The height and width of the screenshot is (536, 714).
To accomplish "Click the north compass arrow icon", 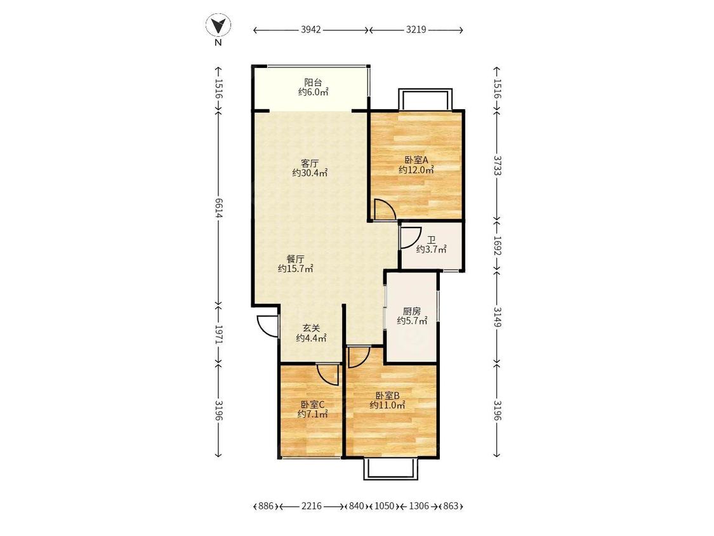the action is pos(218,25).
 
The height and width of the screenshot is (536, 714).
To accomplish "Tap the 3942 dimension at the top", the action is pos(311,30).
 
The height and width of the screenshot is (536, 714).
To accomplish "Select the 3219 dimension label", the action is pos(416,30).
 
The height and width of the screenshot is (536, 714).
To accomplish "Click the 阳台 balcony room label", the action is pos(313,83).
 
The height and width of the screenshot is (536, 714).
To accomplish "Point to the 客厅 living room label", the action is pos(310,163).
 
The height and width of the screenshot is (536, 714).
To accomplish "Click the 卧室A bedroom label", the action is pos(416,160).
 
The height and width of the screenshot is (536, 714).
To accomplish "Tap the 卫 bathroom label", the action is pos(431,240).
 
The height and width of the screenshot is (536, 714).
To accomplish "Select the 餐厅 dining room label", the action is pos(296,259).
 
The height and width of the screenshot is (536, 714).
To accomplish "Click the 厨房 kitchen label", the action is pos(412,311).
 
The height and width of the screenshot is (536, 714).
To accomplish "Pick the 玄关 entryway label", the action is pos(312,328).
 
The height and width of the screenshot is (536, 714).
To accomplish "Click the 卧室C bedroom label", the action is pos(312,405).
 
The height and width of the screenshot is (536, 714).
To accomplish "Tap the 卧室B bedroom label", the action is pos(388,395).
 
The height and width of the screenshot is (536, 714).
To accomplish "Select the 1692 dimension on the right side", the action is pos(497,246).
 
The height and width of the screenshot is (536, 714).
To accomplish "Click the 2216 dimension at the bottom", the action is pos(312,506).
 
